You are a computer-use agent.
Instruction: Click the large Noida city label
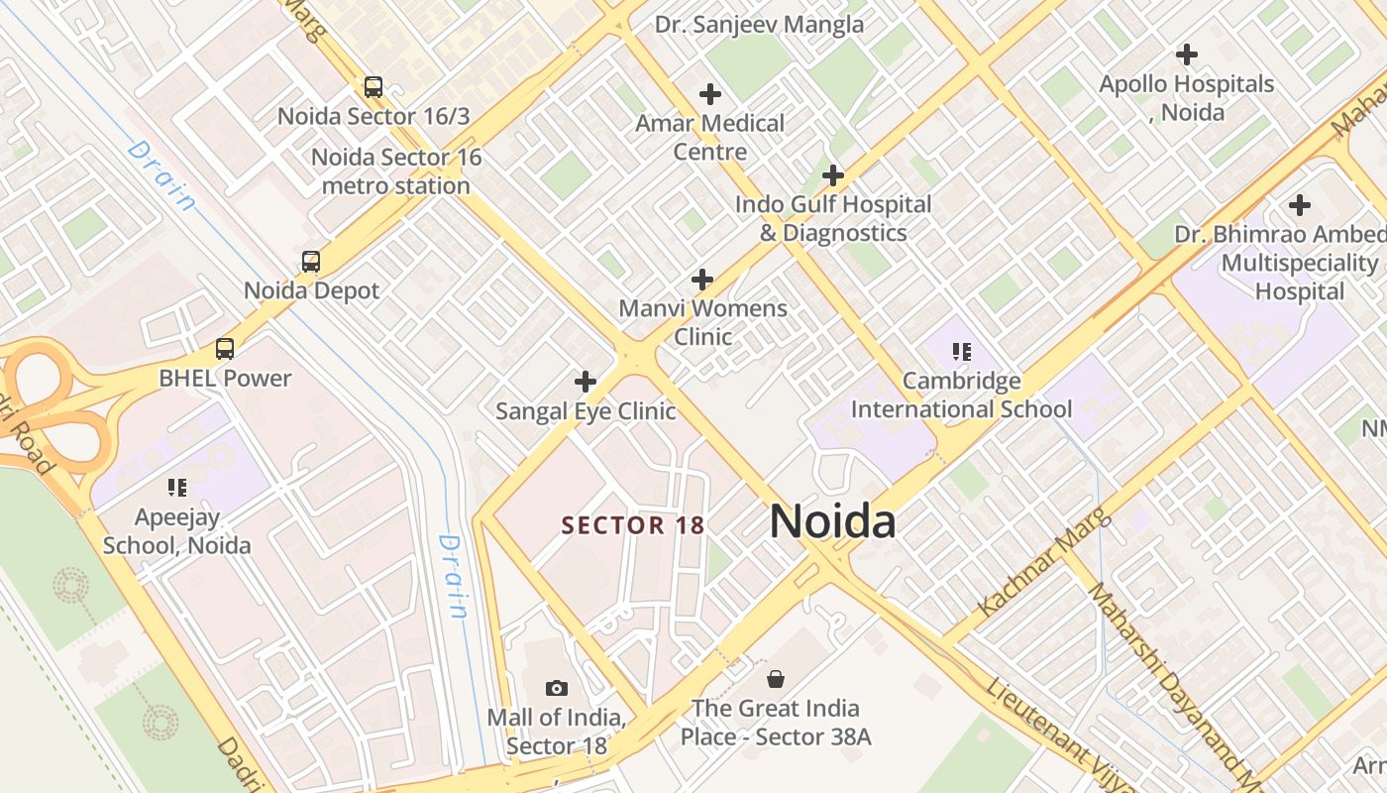point(832,521)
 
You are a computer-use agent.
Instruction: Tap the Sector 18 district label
point(632,525)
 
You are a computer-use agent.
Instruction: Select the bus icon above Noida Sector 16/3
point(373,87)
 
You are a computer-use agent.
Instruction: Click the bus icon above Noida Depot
point(311,262)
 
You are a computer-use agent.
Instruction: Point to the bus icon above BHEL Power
point(225,349)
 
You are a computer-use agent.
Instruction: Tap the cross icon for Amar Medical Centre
point(709,94)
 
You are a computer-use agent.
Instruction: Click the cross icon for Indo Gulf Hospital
point(833,175)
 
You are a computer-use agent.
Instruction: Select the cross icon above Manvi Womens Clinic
point(702,280)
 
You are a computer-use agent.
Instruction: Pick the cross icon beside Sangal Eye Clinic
point(586,382)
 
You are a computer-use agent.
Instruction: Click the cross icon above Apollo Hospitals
point(1186,55)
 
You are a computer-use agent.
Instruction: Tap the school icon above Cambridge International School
point(961,352)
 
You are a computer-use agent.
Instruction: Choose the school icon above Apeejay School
point(177,487)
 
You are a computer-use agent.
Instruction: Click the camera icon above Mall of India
point(557,688)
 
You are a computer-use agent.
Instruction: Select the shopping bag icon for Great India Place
point(776,679)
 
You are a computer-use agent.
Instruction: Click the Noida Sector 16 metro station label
point(396,171)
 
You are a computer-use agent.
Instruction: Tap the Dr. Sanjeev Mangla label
point(759,25)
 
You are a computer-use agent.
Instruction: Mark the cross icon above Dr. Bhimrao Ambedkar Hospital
point(1299,205)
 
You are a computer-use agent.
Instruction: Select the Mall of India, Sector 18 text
point(556,731)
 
